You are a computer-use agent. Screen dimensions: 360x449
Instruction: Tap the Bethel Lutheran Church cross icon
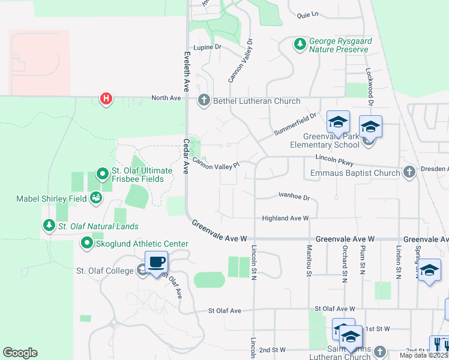click(x=204, y=100)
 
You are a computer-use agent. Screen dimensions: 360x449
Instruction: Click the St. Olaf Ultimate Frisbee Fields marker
click(x=102, y=175)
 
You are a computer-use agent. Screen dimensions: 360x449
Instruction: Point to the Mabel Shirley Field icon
click(x=96, y=197)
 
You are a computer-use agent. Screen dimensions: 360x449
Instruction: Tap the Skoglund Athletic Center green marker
click(x=86, y=243)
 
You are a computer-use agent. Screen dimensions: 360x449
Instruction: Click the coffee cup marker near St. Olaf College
click(x=156, y=262)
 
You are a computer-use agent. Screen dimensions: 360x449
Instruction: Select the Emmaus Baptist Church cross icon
click(x=409, y=173)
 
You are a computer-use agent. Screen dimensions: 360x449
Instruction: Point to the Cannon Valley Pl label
click(x=215, y=164)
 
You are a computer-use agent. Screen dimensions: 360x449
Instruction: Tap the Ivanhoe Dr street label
click(x=294, y=196)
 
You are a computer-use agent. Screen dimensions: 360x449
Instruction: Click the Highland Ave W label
click(x=285, y=218)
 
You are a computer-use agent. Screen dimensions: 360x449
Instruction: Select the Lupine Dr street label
click(x=208, y=46)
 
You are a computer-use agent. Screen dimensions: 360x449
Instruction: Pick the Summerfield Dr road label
click(x=294, y=124)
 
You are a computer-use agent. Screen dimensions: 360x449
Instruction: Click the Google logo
click(x=20, y=353)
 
